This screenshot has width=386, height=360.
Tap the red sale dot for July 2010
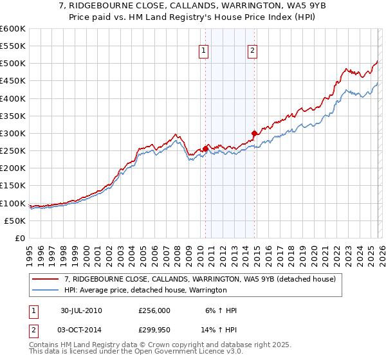(206, 148)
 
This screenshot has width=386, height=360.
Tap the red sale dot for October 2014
(254, 133)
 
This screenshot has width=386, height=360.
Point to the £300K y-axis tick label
(12, 134)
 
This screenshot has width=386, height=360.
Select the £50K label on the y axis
(15, 221)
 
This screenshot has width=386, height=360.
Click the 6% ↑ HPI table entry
(222, 310)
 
